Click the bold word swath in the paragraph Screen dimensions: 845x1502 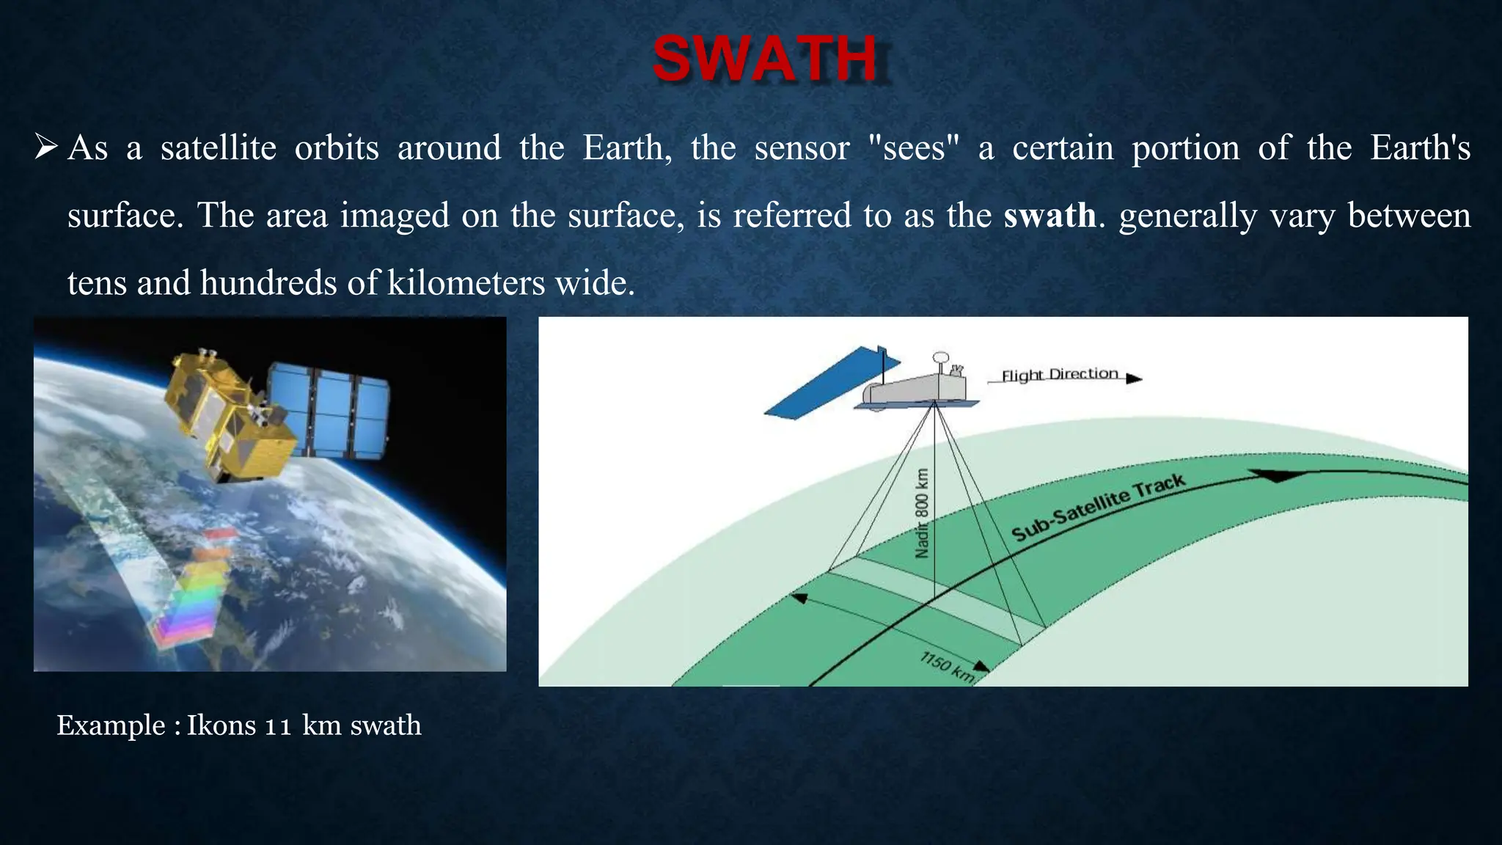click(x=1049, y=216)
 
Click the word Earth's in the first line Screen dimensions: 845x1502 click(x=1420, y=148)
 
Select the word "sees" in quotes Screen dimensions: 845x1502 click(x=913, y=148)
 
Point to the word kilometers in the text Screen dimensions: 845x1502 click(x=466, y=283)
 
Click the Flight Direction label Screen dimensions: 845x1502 click(x=1059, y=375)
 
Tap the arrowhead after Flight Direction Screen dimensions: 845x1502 click(x=1134, y=378)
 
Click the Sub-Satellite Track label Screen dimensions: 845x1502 click(x=1098, y=507)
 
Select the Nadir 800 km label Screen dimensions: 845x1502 click(x=923, y=513)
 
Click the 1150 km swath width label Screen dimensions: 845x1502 click(x=947, y=667)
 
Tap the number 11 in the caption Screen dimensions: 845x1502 click(x=279, y=726)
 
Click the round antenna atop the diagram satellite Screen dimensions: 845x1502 click(x=940, y=358)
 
